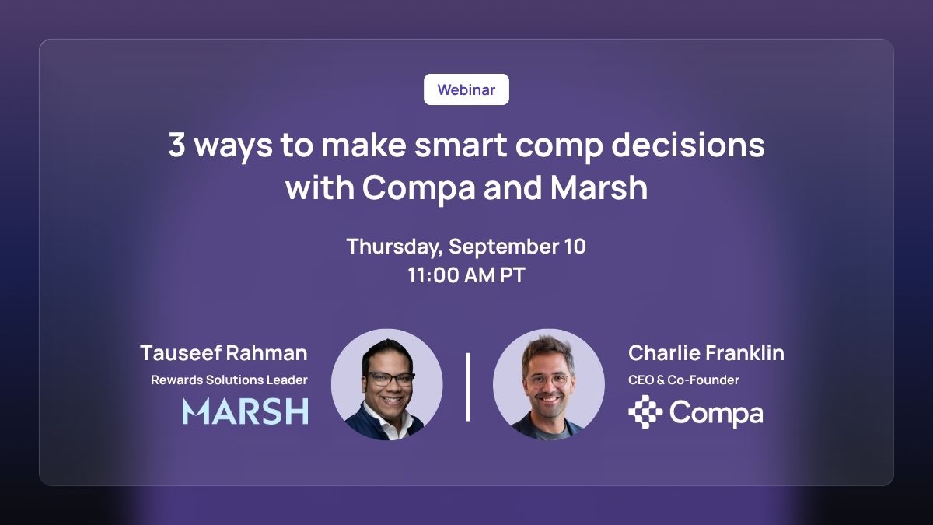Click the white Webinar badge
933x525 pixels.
pos(466,89)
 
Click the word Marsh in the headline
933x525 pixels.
pos(599,187)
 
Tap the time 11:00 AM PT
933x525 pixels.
pos(466,275)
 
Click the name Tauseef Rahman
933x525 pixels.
pos(224,353)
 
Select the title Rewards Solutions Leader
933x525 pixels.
pos(229,380)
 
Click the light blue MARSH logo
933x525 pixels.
pos(246,411)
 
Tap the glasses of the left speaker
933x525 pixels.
pos(390,378)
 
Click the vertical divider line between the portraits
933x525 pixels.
pos(468,387)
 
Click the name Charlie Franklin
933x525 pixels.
pos(706,353)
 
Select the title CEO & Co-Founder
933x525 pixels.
pos(683,380)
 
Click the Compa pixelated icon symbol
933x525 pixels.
pos(645,411)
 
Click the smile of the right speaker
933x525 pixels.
pos(549,399)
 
